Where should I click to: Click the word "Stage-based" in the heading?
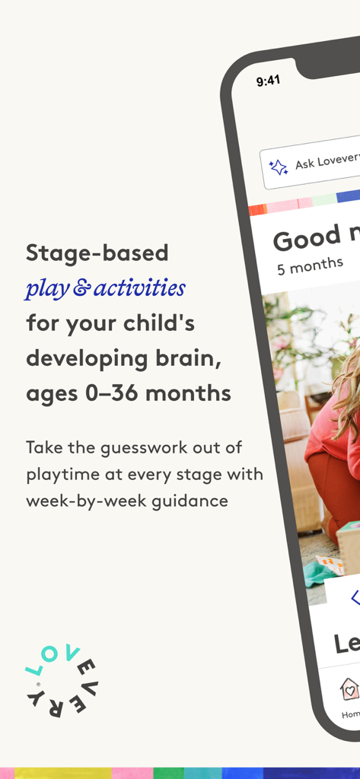[x=97, y=253]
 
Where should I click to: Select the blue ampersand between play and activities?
[x=80, y=289]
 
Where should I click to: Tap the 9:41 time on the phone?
[x=267, y=81]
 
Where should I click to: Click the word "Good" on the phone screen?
[x=307, y=239]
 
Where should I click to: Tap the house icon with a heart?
[x=349, y=689]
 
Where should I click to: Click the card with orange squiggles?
[x=330, y=564]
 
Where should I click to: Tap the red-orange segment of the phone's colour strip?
[x=257, y=209]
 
